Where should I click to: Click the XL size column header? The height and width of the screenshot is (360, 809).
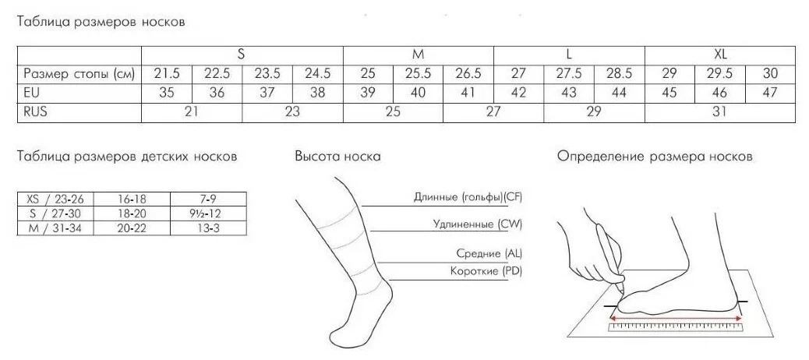(720, 55)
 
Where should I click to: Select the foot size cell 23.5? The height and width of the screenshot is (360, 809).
(267, 74)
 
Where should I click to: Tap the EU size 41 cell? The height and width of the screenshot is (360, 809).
(468, 93)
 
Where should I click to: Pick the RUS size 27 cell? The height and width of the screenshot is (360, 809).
(493, 112)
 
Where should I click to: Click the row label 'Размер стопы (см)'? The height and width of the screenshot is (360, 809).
(79, 74)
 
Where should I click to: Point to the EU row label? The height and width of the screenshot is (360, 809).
(32, 93)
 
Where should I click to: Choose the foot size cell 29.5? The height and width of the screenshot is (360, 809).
(719, 74)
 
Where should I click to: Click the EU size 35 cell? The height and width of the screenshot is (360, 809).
(167, 93)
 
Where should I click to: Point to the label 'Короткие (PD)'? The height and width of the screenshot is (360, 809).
(486, 271)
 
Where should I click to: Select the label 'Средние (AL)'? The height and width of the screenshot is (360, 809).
(489, 254)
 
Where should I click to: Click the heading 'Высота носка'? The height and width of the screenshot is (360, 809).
(337, 157)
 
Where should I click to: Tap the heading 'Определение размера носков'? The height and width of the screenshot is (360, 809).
(655, 157)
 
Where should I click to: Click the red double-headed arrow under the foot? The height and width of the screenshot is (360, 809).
(675, 318)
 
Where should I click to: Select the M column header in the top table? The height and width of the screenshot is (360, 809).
(419, 55)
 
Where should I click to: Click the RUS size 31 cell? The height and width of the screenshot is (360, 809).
(719, 112)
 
